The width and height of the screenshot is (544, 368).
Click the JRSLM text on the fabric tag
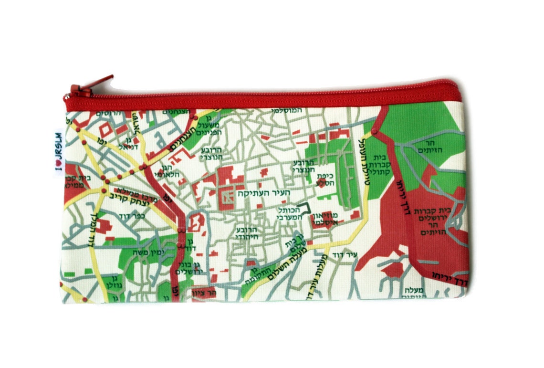pyautogui.click(x=58, y=148)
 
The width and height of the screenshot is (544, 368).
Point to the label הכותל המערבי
pyautogui.click(x=290, y=213)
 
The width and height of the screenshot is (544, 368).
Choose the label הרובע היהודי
pyautogui.click(x=246, y=233)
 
